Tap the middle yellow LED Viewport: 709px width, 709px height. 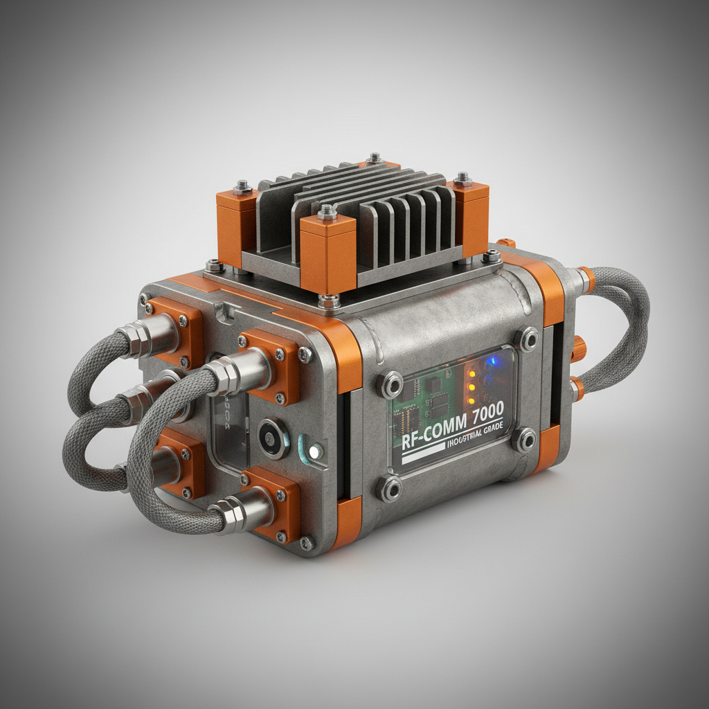pos(472,388)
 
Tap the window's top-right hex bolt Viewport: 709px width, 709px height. pos(526,339)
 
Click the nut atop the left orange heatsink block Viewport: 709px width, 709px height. pos(242,186)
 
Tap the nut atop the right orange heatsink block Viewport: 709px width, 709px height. pos(463,179)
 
